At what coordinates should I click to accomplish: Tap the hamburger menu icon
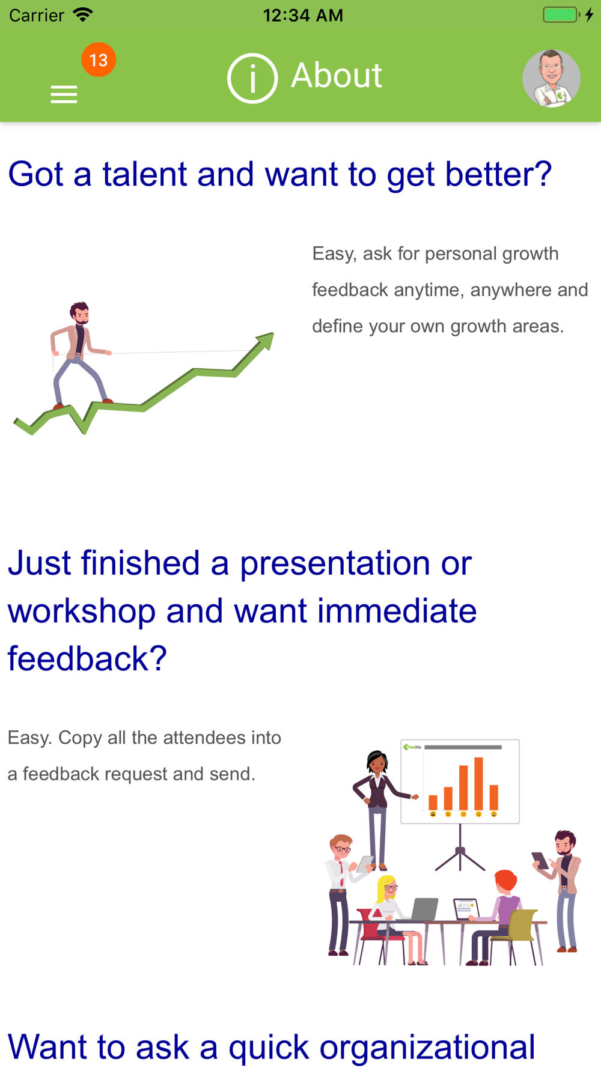point(64,94)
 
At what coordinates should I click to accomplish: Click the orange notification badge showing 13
point(99,59)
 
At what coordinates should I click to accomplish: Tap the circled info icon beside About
point(252,78)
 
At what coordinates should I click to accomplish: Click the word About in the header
point(337,76)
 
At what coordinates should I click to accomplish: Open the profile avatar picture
point(551,78)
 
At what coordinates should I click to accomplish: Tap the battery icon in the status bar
point(561,14)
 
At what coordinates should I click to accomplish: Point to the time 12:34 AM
point(303,15)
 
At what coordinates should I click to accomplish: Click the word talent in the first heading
point(145,174)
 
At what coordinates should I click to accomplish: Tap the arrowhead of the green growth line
point(265,341)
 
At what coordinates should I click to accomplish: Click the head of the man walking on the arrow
point(79,313)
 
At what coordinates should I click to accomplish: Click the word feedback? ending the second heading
point(87,658)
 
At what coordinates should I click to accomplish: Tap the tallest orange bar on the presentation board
point(478,783)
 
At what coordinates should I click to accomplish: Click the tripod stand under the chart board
point(460,848)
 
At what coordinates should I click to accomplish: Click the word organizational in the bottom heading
point(427,1047)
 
